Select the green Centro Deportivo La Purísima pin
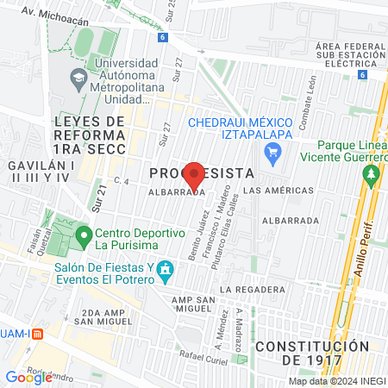[84, 234]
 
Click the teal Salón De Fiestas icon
[167, 273]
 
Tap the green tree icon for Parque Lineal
[372, 175]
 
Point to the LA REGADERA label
[252, 288]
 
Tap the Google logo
[28, 376]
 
